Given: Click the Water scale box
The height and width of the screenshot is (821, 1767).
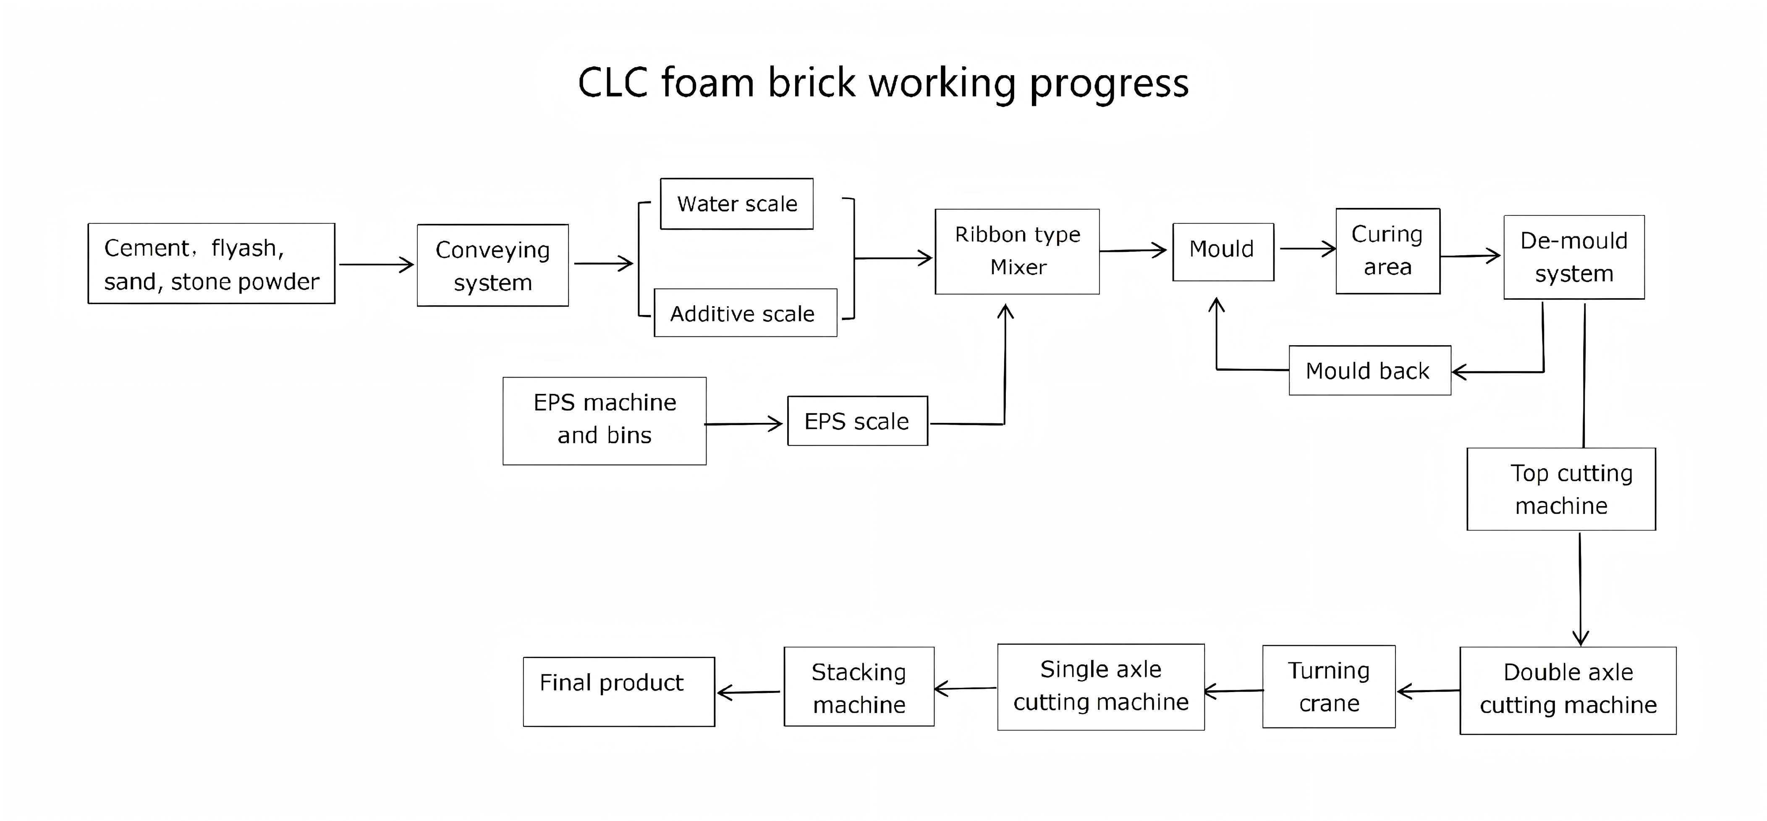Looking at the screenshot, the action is click(737, 204).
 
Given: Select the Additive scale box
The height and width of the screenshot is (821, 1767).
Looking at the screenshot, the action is click(746, 313).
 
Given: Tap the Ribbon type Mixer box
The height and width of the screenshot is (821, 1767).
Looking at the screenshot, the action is click(1017, 252).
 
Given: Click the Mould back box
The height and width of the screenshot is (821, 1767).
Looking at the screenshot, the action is click(1370, 370).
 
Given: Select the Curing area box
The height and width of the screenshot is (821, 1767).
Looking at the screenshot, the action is click(1387, 251).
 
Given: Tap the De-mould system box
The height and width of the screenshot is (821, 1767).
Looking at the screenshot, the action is click(1574, 257).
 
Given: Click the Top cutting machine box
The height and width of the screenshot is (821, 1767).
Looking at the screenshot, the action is click(1561, 489).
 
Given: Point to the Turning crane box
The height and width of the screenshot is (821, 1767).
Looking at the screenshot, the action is click(1329, 687).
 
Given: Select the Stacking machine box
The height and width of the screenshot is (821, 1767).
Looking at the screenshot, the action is click(859, 687).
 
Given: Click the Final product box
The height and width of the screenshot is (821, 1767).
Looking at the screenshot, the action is click(619, 691).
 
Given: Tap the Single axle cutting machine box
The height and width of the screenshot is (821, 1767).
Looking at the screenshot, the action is click(1101, 687).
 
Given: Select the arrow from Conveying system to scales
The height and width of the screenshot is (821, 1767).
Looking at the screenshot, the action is click(604, 263).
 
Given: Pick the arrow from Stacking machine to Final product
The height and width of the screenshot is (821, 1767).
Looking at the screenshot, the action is click(749, 692).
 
